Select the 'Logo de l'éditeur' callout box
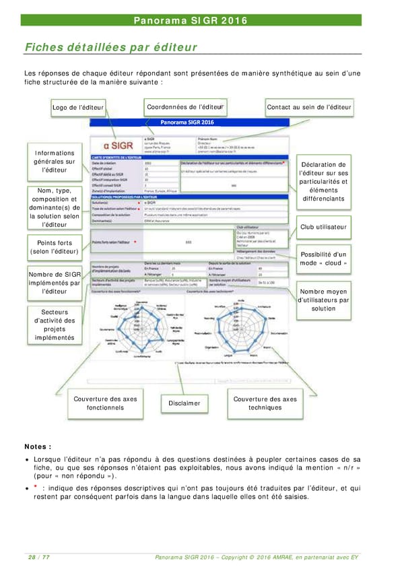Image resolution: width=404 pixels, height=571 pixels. click(x=77, y=108)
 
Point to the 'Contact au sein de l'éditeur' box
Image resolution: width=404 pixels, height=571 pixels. click(x=309, y=107)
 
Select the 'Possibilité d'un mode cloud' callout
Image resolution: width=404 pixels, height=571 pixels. click(x=324, y=258)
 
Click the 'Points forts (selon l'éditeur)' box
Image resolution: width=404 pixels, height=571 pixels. click(x=55, y=247)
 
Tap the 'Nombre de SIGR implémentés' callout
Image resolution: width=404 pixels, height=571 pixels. click(x=55, y=283)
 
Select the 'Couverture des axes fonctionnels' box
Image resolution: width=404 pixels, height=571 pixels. click(x=105, y=403)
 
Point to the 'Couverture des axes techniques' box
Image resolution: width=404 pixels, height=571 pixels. click(x=265, y=403)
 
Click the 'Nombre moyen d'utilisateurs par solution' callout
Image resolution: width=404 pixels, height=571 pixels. click(x=323, y=300)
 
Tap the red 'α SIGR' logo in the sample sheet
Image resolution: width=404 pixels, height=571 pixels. click(x=113, y=145)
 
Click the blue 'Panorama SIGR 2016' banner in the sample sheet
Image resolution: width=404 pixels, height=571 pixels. click(x=187, y=123)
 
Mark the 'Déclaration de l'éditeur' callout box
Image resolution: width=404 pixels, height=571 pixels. click(x=323, y=182)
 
